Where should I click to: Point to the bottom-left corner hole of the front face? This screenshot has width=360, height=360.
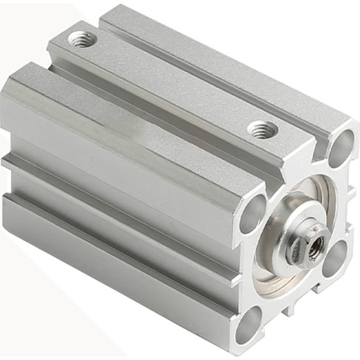249,325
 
